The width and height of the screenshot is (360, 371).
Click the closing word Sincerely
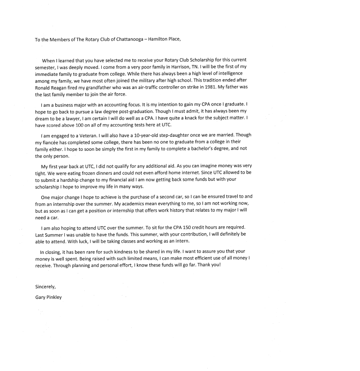point(46,286)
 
